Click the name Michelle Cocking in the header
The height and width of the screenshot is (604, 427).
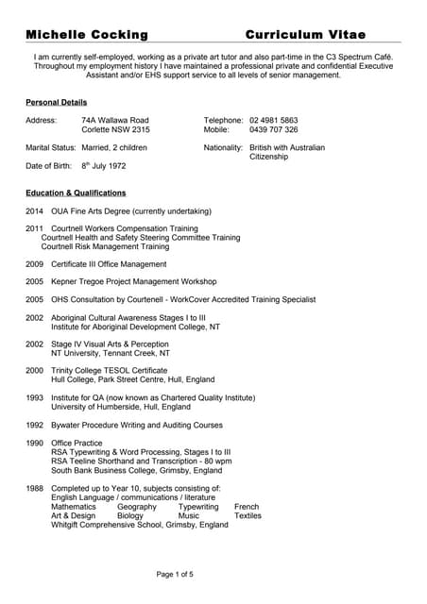[x=87, y=35]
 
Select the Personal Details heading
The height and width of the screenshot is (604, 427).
[x=56, y=102]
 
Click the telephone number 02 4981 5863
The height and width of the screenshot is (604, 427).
[x=274, y=121]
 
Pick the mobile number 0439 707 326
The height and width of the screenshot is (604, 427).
[x=274, y=130]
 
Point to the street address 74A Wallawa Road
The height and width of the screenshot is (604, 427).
[x=115, y=121]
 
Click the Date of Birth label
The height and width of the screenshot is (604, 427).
[x=48, y=166]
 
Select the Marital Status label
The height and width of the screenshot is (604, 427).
[x=50, y=148]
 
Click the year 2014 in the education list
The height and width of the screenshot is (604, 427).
[x=34, y=211]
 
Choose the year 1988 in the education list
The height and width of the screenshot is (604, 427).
[x=34, y=488]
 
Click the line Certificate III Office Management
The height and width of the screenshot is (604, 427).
[x=109, y=264]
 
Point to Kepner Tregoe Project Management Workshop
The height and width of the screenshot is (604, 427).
[x=133, y=281]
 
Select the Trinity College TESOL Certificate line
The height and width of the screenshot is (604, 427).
[x=109, y=371]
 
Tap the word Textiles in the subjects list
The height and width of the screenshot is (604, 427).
[x=248, y=516]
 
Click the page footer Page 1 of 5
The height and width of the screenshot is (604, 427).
[x=174, y=574]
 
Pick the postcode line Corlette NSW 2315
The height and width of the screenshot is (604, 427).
[x=115, y=130]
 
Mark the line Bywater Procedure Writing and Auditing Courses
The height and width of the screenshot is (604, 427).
[x=137, y=425]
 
